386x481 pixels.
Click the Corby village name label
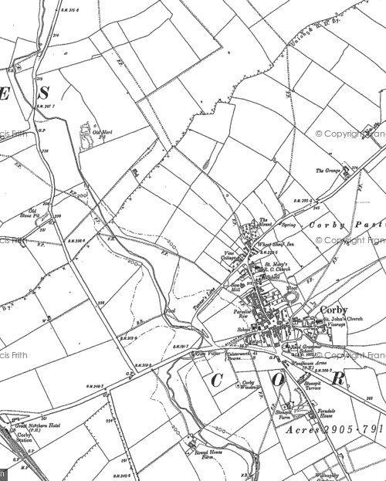[x=334, y=310]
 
